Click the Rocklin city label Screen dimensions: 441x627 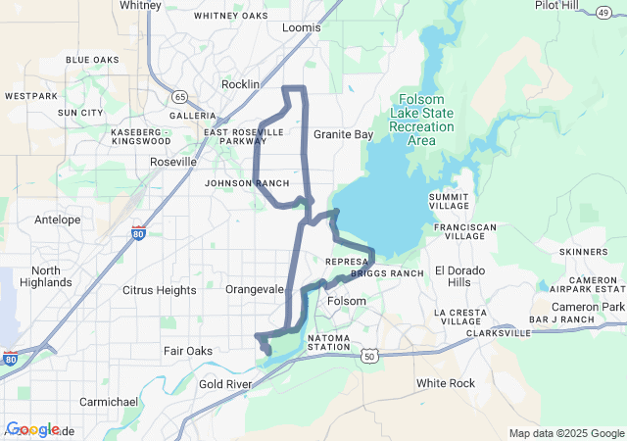coord(240,84)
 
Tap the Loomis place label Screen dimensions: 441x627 coord(301,27)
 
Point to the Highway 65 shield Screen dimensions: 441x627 coord(179,96)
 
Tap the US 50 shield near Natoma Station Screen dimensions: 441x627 coord(368,357)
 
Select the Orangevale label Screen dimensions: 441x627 coord(255,290)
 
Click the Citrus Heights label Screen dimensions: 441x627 coord(160,290)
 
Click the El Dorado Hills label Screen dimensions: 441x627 coord(459,276)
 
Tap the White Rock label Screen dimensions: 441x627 coord(446,383)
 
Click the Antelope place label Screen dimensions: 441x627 coord(57,220)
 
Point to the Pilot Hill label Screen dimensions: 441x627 coord(555,5)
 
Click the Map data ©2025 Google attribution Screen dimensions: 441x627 coord(566,433)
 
